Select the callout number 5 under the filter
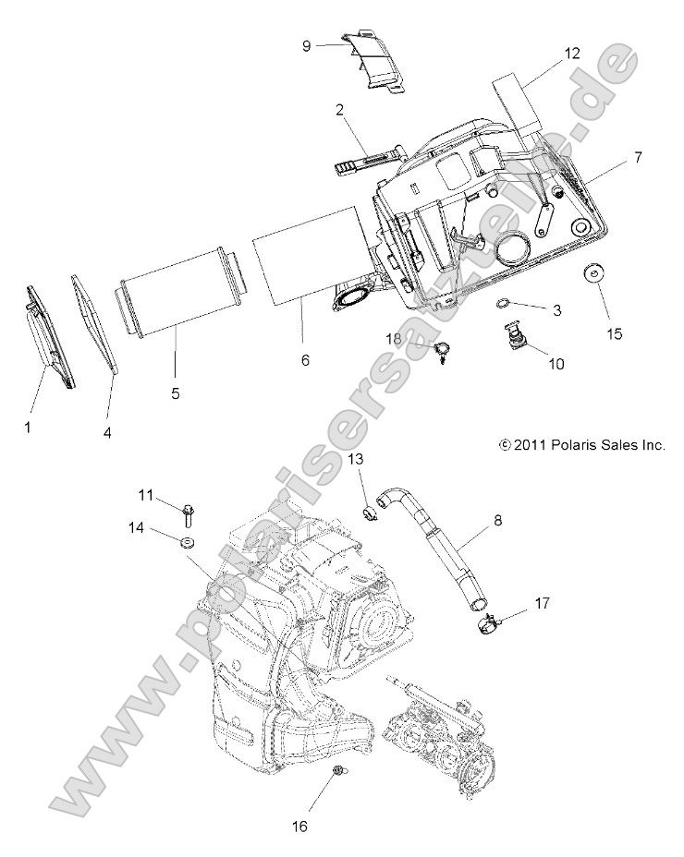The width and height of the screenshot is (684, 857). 175,392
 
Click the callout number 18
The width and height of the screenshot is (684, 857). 393,341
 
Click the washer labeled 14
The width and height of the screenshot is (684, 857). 185,541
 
